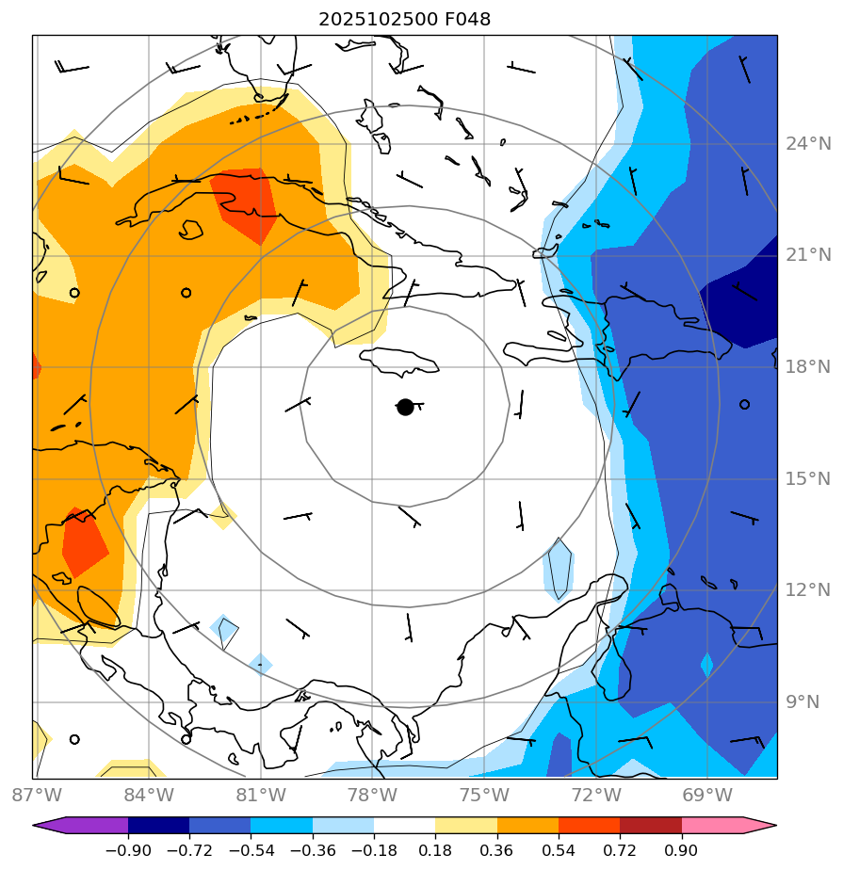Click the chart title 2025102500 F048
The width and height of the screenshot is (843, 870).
click(404, 19)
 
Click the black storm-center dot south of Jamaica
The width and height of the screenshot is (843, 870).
click(405, 407)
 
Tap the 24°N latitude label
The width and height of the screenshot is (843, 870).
click(808, 144)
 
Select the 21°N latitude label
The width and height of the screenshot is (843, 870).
click(808, 255)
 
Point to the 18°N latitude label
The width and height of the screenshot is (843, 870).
click(808, 367)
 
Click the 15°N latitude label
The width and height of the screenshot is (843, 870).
click(808, 478)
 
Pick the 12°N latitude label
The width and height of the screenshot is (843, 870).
click(808, 589)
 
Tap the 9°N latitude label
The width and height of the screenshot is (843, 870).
click(802, 701)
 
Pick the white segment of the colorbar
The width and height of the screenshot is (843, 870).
click(404, 826)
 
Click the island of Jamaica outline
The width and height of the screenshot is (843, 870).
click(399, 360)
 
